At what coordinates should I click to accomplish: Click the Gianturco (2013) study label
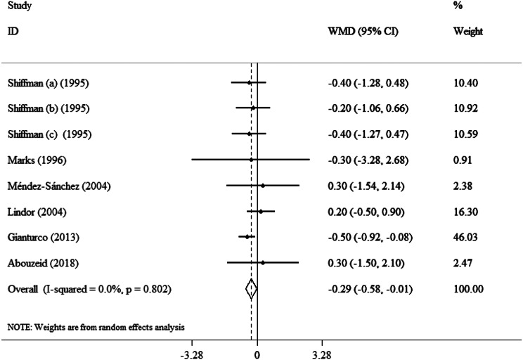click(44, 238)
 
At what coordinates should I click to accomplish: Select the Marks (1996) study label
click(37, 160)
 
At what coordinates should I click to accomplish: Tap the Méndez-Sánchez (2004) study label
click(59, 186)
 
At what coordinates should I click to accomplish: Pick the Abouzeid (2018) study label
click(43, 263)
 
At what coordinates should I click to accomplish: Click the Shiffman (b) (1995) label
click(49, 108)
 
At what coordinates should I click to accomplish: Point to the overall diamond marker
click(251, 289)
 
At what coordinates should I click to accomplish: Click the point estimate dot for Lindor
click(261, 211)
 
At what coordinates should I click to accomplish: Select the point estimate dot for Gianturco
click(247, 237)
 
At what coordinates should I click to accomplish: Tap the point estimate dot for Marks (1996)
click(251, 160)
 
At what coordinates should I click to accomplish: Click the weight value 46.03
click(465, 237)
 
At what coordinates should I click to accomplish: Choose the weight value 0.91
click(463, 160)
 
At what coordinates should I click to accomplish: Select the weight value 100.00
click(468, 289)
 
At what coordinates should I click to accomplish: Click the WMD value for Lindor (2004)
click(366, 212)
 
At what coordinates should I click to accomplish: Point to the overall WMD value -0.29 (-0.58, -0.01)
click(370, 289)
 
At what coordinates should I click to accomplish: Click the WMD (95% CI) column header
click(363, 32)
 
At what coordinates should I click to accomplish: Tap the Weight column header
click(468, 32)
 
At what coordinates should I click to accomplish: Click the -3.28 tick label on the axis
click(191, 355)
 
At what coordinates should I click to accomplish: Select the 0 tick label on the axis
click(257, 355)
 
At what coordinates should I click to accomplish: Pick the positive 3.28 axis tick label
click(322, 355)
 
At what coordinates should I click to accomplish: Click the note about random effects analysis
click(96, 327)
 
